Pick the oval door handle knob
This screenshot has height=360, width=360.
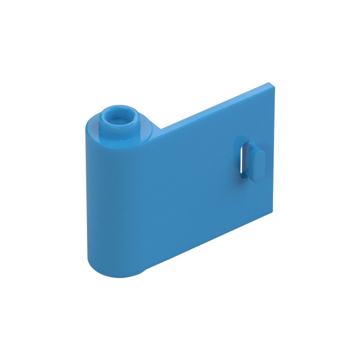[x=256, y=160]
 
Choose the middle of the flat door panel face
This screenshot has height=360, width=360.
[x=195, y=180]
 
